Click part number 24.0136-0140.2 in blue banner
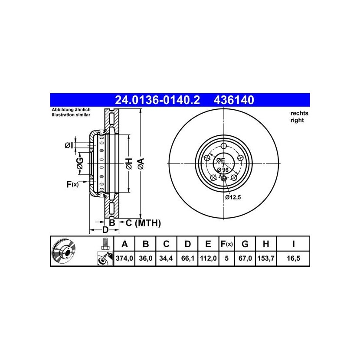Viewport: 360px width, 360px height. pos(157,100)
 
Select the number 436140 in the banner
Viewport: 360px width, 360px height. pos(234,100)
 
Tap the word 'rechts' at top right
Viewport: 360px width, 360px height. pos(299,113)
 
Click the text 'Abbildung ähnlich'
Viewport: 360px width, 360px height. pos(71,110)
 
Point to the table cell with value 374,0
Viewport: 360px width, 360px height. pos(124,259)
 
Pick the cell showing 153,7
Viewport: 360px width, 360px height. pos(266,259)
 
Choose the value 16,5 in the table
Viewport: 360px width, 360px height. pos(293,259)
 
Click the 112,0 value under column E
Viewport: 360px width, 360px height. pos(208,259)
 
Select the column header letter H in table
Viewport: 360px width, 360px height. pos(266,244)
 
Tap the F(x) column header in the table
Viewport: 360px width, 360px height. pos(226,244)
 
